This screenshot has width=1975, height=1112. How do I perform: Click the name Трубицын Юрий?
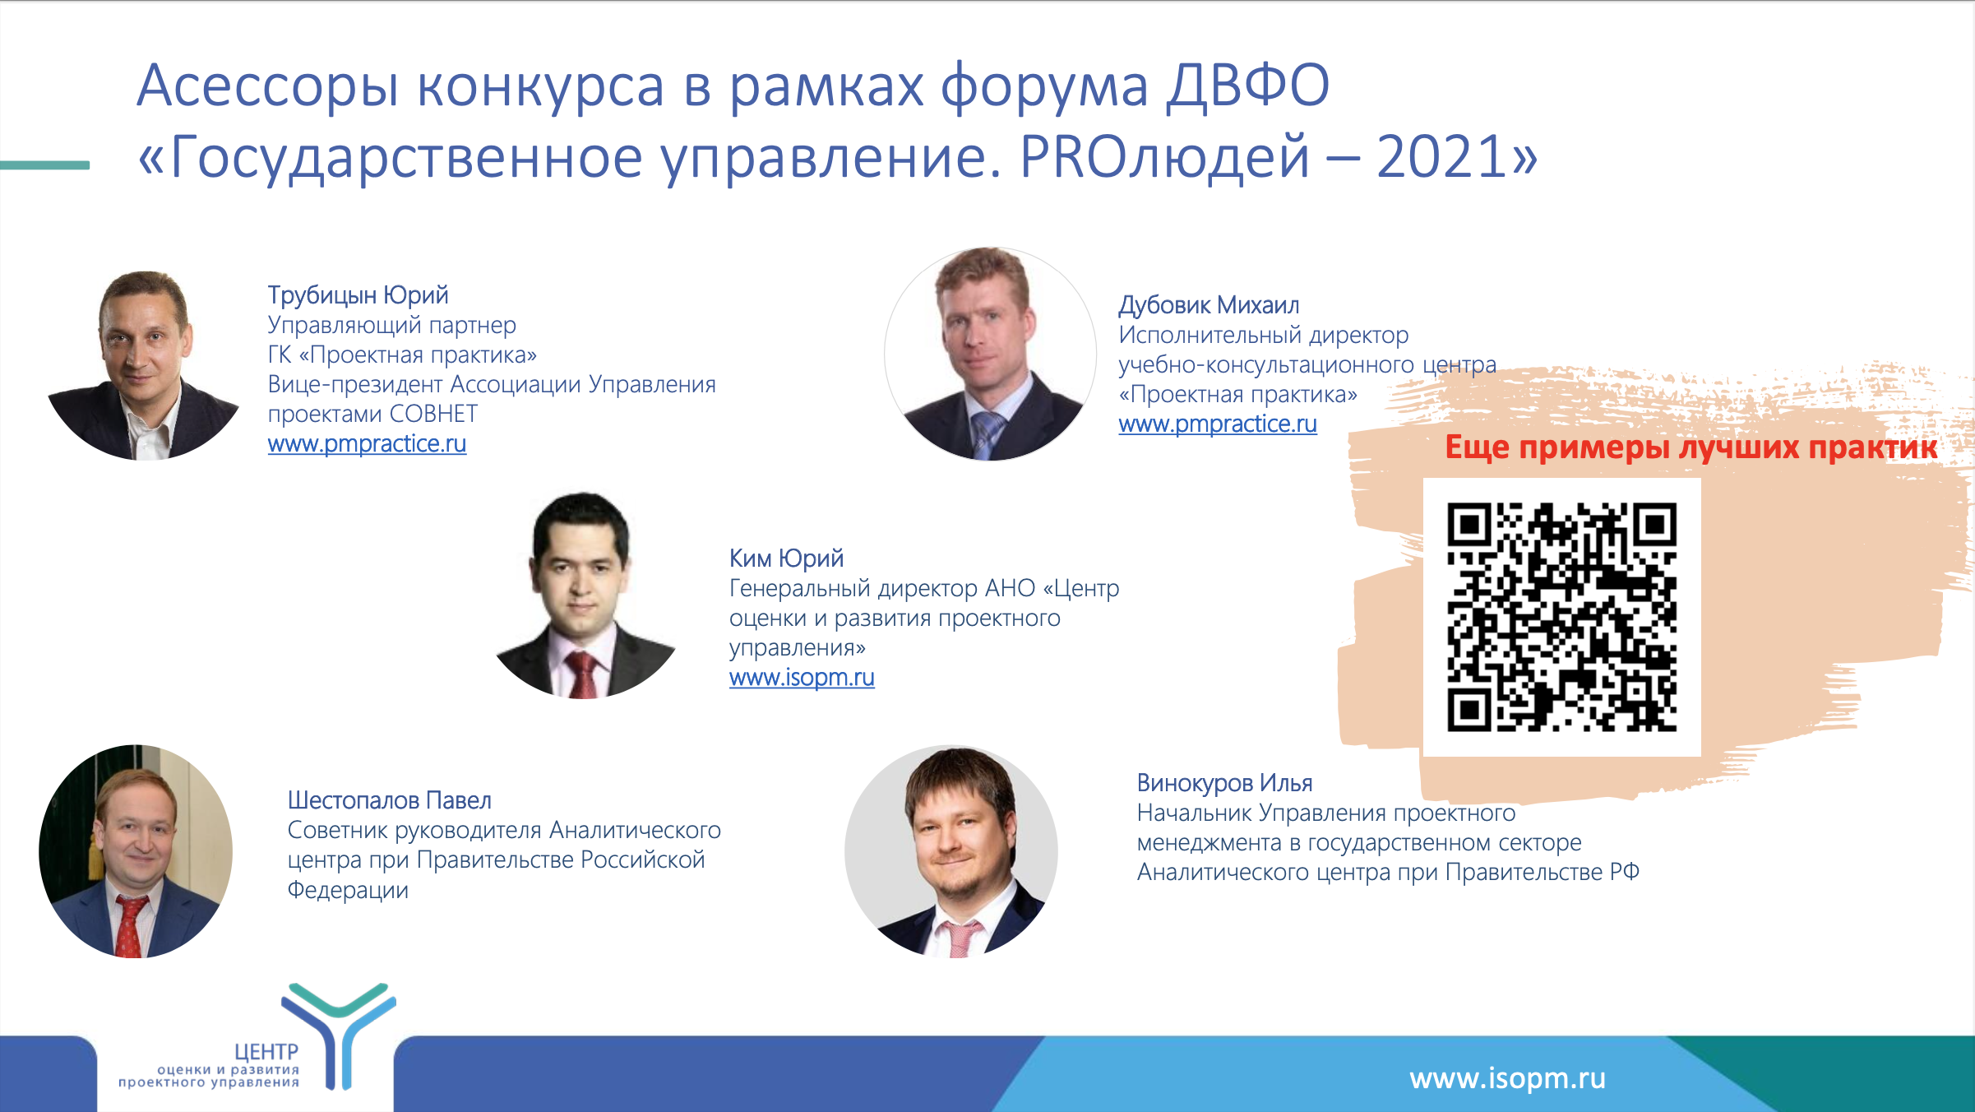pos(358,295)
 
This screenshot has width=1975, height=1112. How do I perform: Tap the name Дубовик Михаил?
pos(1209,305)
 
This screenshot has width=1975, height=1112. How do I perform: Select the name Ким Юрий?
pos(786,558)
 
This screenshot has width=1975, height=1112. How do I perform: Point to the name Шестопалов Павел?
pos(390,800)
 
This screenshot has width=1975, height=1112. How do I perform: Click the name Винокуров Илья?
pos(1224,783)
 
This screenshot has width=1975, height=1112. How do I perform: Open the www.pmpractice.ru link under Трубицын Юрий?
pos(367,444)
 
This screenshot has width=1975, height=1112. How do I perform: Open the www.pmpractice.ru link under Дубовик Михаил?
pos(1218,424)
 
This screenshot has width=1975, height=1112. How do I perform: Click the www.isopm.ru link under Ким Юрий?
pos(802,678)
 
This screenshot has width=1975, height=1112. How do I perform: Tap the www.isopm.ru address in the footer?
pos(1507,1078)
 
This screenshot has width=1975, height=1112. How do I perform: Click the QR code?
pos(1561,617)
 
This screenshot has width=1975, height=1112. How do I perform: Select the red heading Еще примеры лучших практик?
pos(1691,447)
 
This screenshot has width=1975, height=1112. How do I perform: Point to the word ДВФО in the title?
pos(1248,86)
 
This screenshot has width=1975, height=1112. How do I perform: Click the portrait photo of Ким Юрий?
pos(585,595)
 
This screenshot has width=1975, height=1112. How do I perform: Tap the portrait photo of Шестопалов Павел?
pos(136,851)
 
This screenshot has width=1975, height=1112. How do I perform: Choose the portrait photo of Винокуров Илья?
pos(951,851)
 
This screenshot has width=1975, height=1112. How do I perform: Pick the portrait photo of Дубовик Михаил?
pos(990,354)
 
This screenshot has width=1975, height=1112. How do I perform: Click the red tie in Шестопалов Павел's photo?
pos(130,927)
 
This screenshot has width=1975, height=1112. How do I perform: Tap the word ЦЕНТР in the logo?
pos(266,1052)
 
